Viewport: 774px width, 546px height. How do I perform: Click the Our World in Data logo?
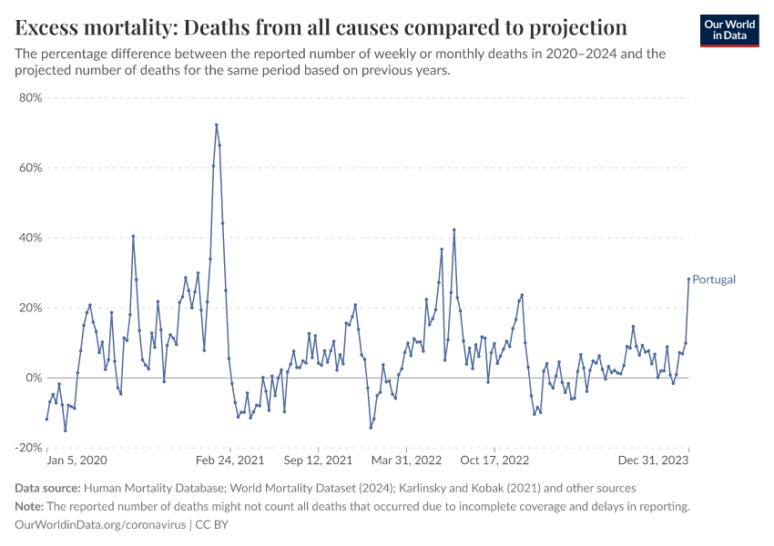(728, 30)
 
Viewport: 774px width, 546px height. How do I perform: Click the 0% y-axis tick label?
(34, 378)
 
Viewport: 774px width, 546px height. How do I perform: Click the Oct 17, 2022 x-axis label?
(495, 460)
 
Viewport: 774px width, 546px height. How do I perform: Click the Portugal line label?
(714, 279)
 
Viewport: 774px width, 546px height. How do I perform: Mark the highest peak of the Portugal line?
(217, 125)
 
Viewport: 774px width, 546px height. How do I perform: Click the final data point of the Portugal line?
(688, 279)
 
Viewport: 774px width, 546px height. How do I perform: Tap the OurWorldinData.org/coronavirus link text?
(100, 525)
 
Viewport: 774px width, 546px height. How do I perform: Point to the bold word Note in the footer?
(31, 507)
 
